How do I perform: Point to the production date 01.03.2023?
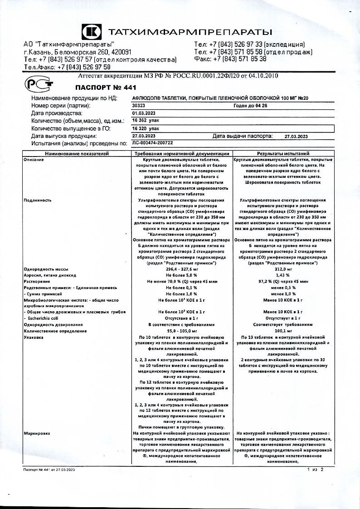[x=144, y=113]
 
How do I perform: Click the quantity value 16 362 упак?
[x=146, y=121]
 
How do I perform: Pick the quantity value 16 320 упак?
[x=146, y=128]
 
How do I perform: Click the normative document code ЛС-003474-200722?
[x=152, y=143]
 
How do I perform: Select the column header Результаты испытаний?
[x=283, y=154]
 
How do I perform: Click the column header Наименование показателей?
[x=77, y=154]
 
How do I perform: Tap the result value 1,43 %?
[x=283, y=275]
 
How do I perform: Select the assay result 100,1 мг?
[x=283, y=331]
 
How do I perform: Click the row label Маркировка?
[x=37, y=434]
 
